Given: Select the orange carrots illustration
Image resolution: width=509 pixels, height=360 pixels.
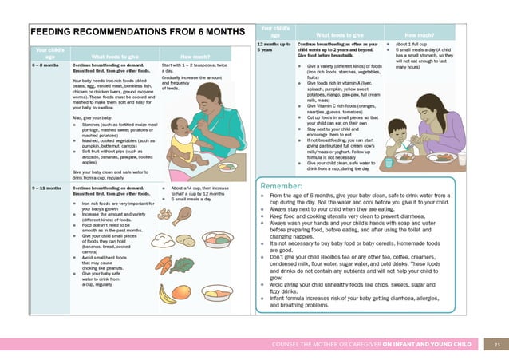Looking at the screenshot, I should [x=163, y=264].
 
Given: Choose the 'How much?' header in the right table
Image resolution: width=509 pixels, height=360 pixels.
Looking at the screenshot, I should [x=420, y=35].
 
